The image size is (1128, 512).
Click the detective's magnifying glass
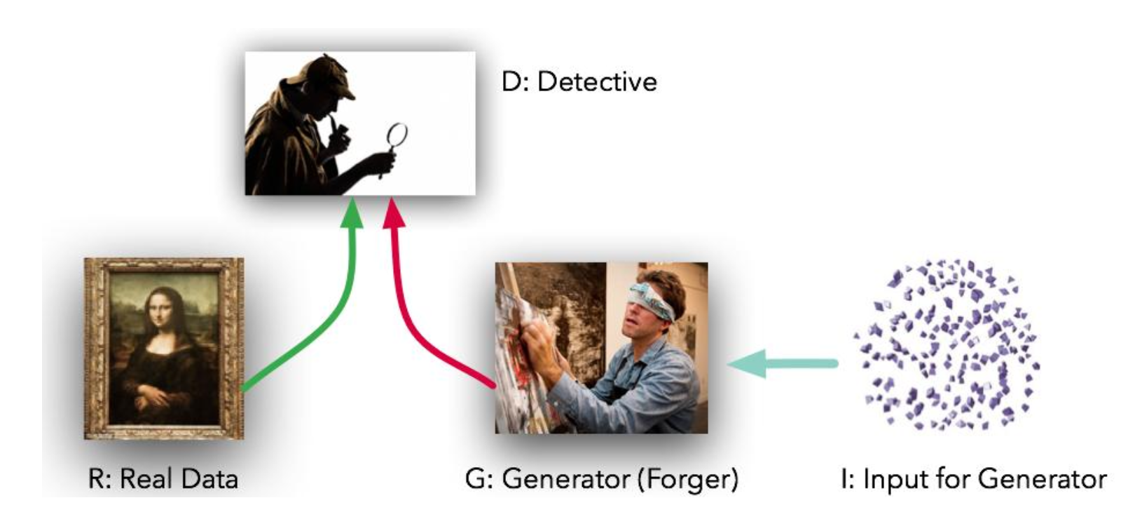[x=397, y=135]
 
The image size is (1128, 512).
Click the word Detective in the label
[x=597, y=82]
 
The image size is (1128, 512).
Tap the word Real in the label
[x=146, y=479]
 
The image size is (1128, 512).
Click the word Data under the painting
[x=209, y=479]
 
